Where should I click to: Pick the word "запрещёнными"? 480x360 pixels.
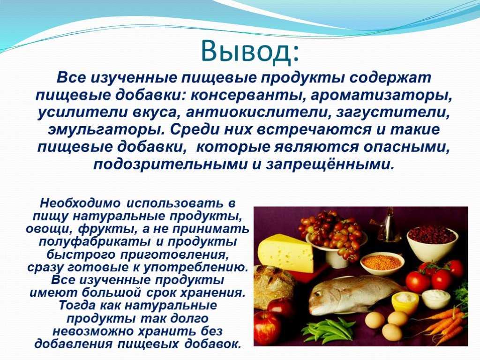coord(329,165)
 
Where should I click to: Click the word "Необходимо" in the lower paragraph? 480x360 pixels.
coord(80,203)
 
